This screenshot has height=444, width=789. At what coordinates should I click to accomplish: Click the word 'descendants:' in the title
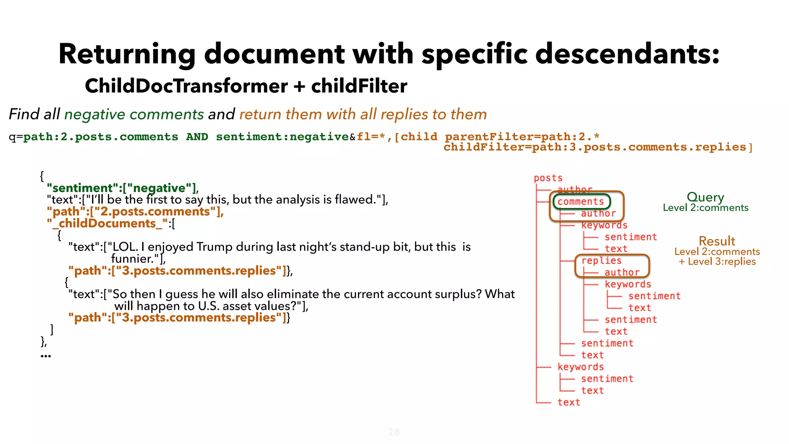click(x=627, y=54)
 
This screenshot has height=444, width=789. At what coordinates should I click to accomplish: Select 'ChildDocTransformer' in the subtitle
click(x=186, y=86)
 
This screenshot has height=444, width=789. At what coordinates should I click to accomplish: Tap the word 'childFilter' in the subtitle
click(x=359, y=86)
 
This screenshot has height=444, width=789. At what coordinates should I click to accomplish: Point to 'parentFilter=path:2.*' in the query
click(x=522, y=137)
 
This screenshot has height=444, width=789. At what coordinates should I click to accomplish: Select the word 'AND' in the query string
click(x=197, y=137)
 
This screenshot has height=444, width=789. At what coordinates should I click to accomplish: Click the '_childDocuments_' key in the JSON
click(x=107, y=224)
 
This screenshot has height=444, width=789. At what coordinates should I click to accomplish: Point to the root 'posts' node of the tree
click(x=548, y=178)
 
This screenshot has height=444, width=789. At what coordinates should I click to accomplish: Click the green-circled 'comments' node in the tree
click(x=581, y=202)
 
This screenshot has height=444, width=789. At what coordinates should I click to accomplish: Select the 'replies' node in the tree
click(x=601, y=261)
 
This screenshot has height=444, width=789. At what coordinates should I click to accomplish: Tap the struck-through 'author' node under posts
click(x=575, y=189)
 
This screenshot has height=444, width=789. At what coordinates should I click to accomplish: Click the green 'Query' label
click(x=705, y=197)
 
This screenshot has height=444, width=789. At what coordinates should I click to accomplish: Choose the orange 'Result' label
click(x=717, y=241)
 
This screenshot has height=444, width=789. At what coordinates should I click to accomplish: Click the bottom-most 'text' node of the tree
click(x=569, y=402)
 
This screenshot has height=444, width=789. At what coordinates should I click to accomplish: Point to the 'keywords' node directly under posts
click(x=581, y=367)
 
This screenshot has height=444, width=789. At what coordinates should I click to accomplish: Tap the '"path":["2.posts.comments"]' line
click(x=135, y=212)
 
